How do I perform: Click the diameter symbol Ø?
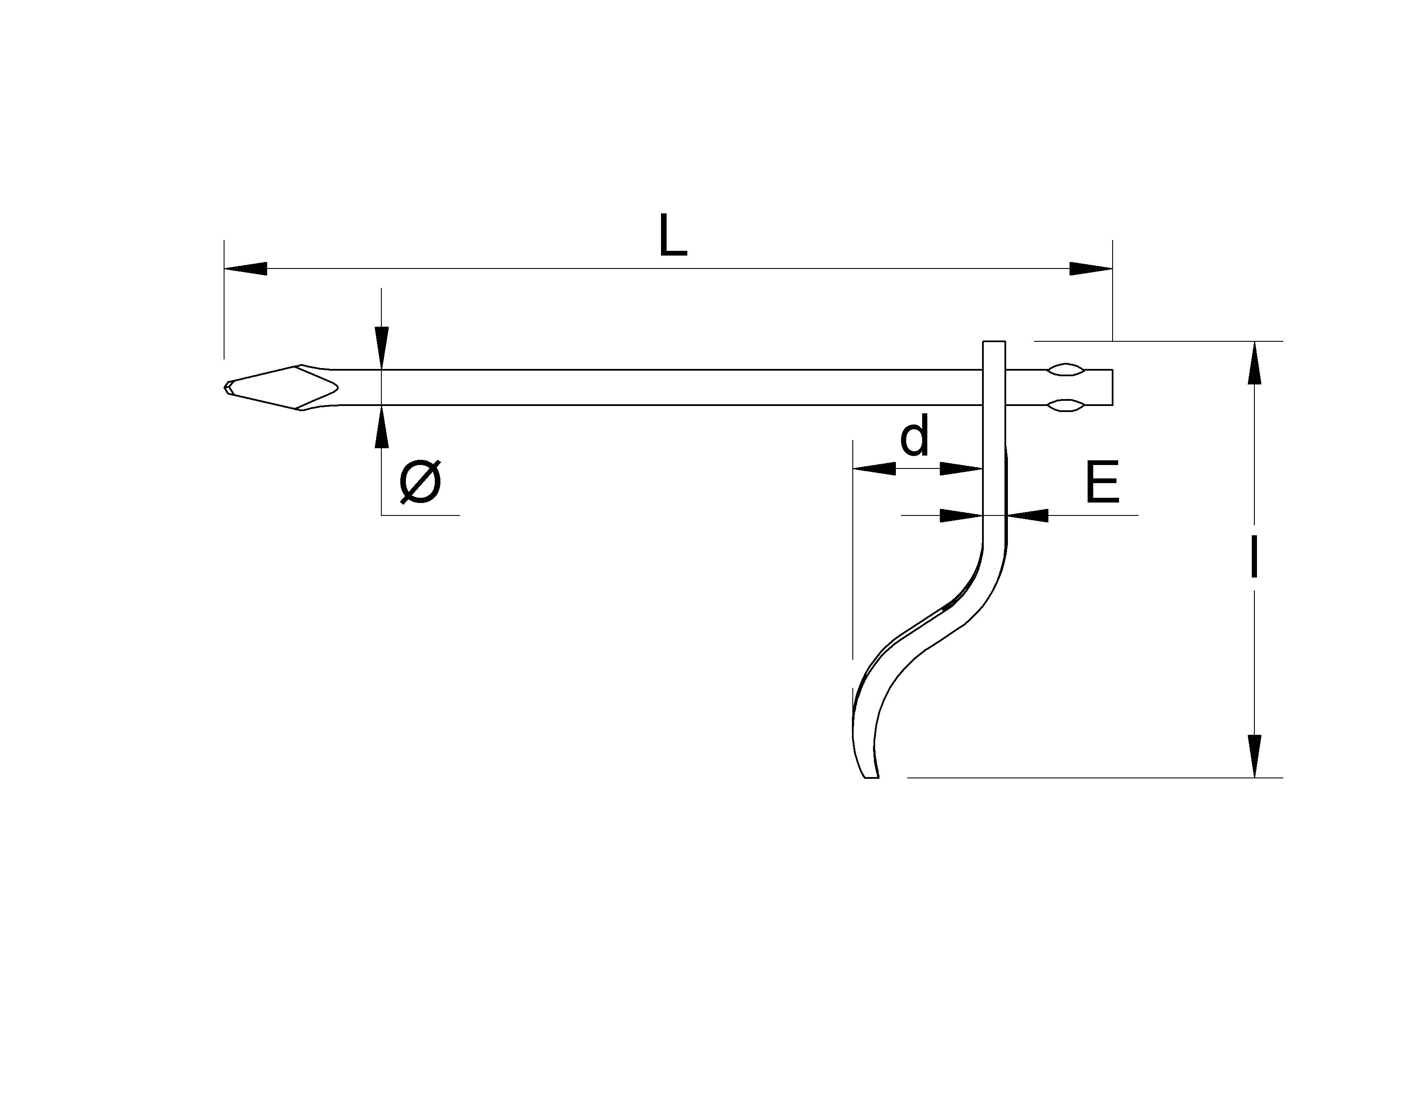(420, 482)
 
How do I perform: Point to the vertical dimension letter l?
(1254, 559)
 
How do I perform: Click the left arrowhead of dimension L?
(246, 268)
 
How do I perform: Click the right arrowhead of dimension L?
(1091, 268)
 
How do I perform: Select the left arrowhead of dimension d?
(874, 468)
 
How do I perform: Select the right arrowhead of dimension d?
(961, 468)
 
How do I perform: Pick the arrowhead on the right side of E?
(1027, 515)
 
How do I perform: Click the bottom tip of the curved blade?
(871, 777)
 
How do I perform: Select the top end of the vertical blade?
(994, 341)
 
